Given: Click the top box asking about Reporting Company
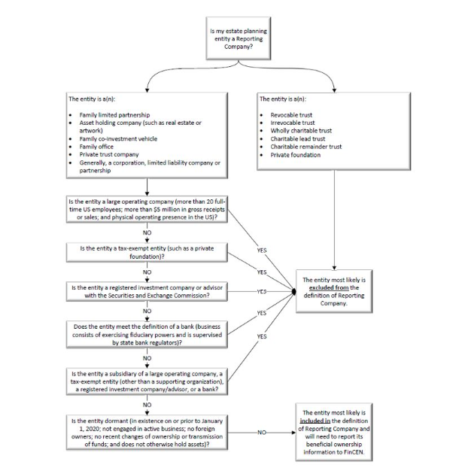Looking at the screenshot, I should pyautogui.click(x=233, y=38).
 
